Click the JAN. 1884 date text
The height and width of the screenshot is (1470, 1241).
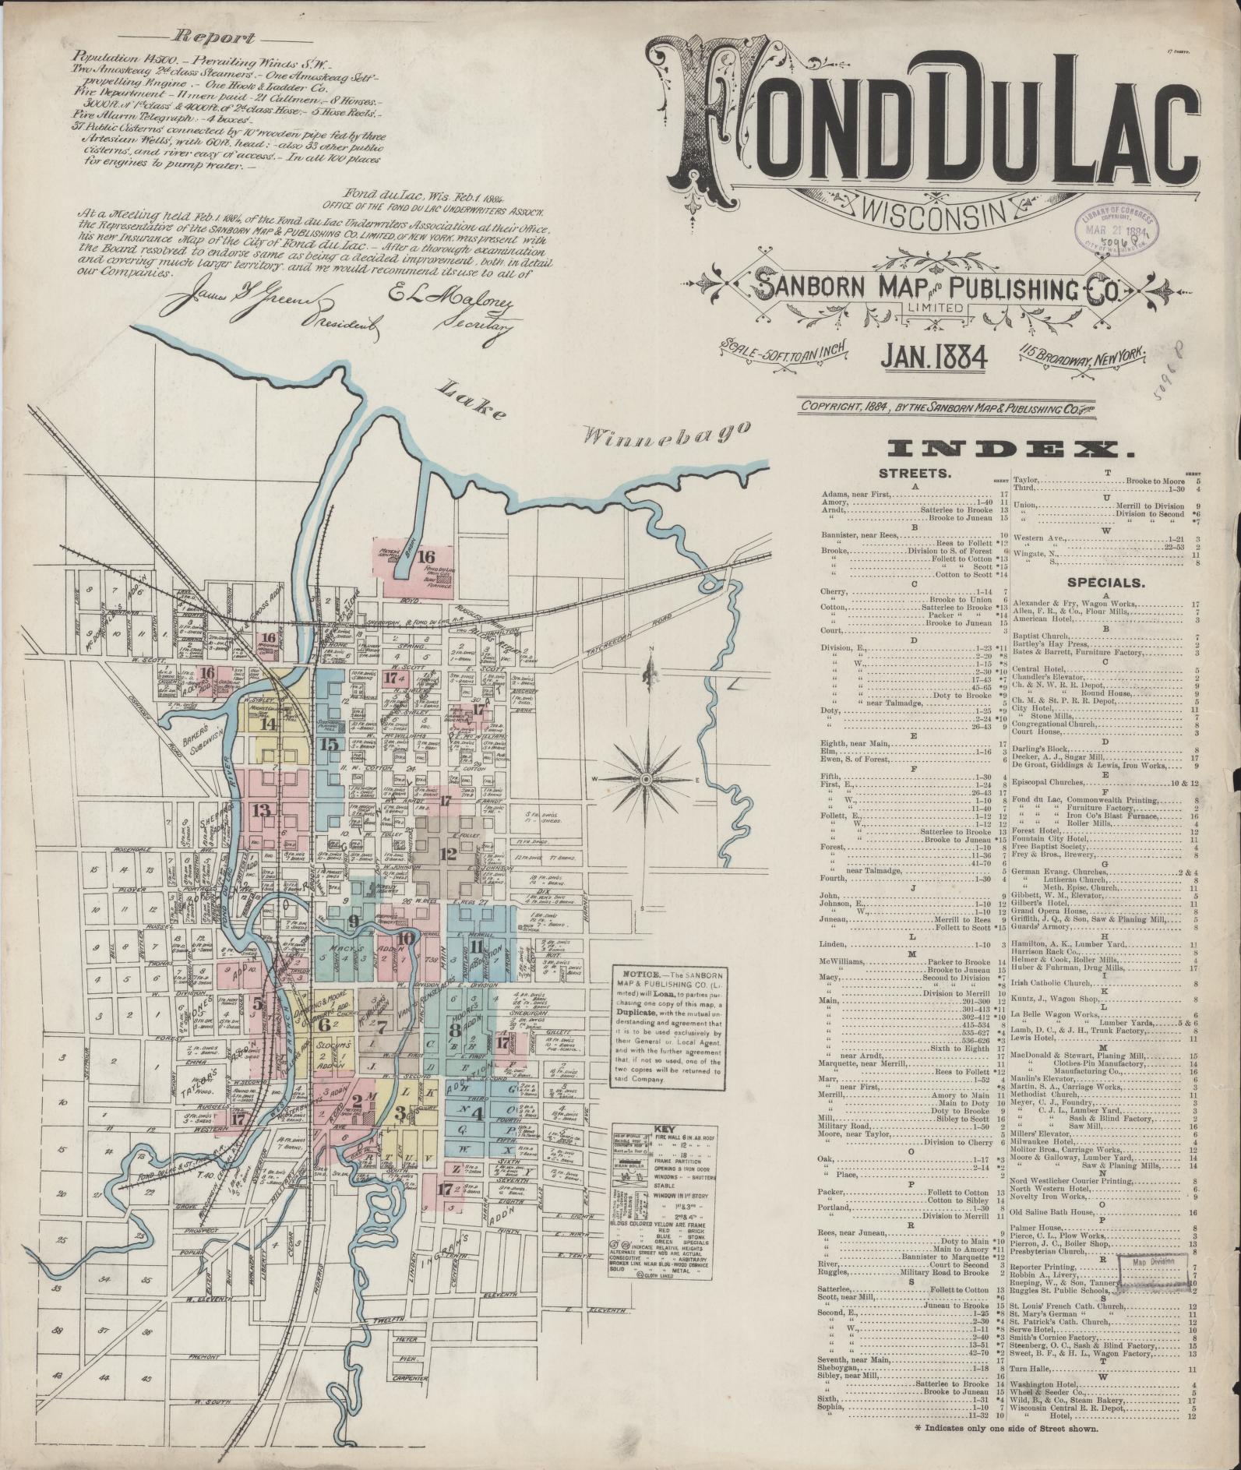[934, 357]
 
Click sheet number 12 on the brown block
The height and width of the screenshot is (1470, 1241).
[447, 853]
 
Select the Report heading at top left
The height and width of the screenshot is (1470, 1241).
[213, 37]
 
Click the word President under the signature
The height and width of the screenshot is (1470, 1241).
[342, 320]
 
